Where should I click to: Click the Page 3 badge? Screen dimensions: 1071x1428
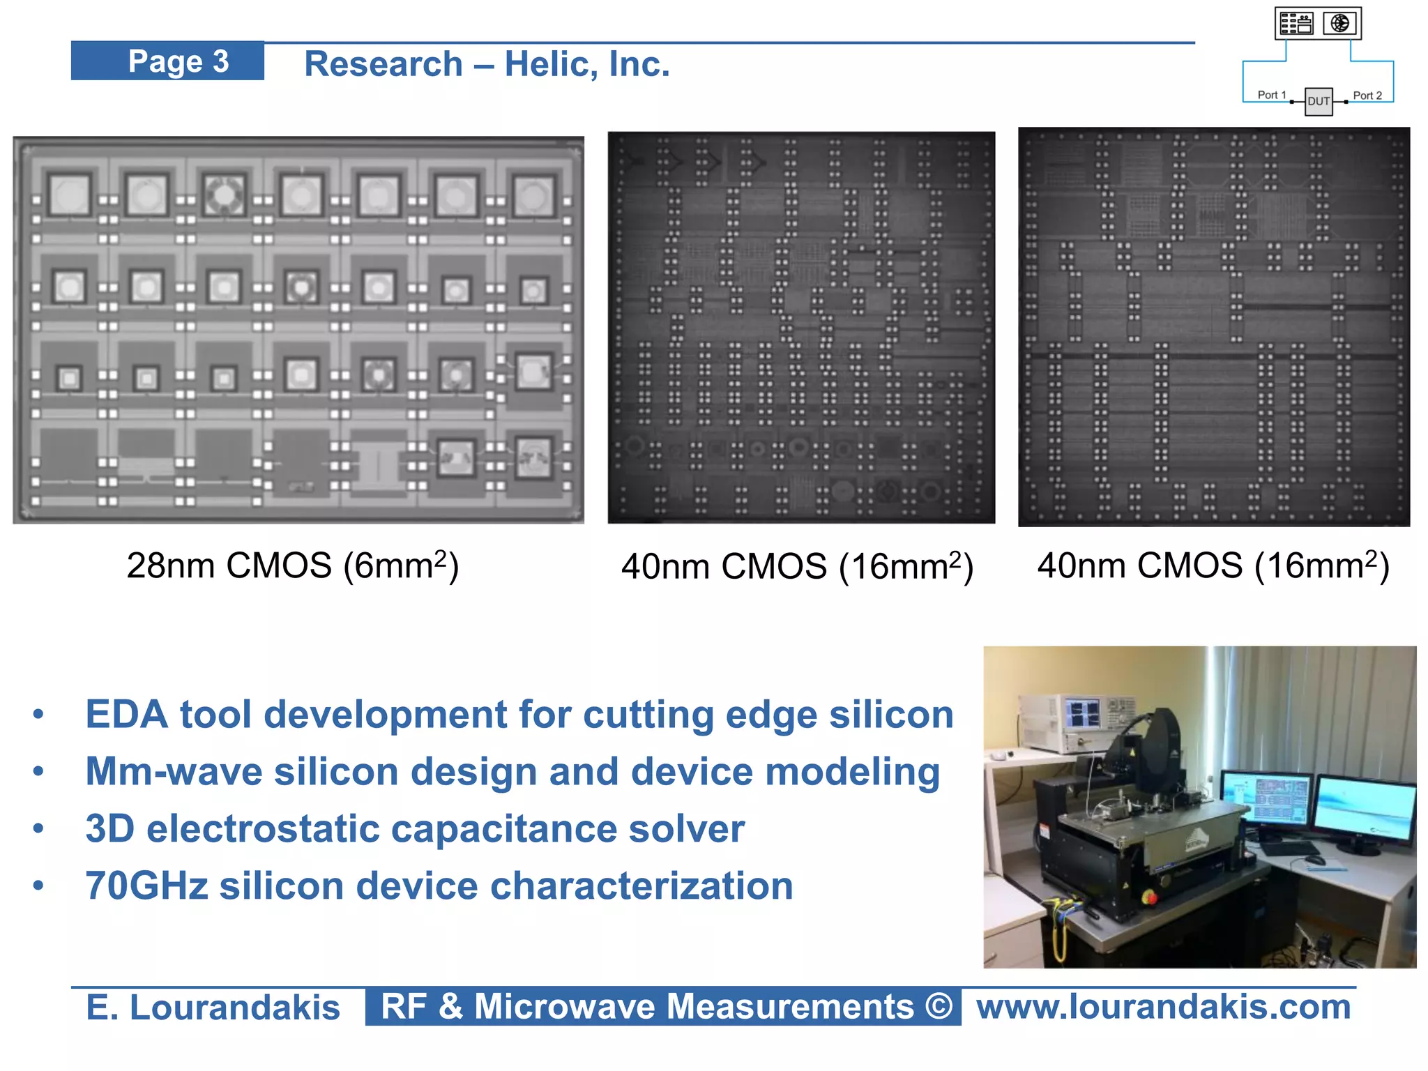(x=167, y=61)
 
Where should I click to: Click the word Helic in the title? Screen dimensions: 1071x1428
(x=547, y=64)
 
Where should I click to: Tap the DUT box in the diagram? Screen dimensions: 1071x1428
(x=1318, y=101)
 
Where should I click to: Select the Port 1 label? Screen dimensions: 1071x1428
(x=1272, y=95)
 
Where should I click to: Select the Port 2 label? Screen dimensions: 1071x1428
(x=1367, y=96)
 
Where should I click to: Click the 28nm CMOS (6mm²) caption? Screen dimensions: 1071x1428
(x=293, y=565)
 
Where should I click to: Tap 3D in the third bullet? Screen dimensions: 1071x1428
(x=109, y=829)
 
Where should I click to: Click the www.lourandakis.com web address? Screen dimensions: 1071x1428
(x=1163, y=1007)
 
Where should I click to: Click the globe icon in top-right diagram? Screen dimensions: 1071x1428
(x=1339, y=23)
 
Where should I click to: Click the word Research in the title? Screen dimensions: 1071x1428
(x=383, y=64)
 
